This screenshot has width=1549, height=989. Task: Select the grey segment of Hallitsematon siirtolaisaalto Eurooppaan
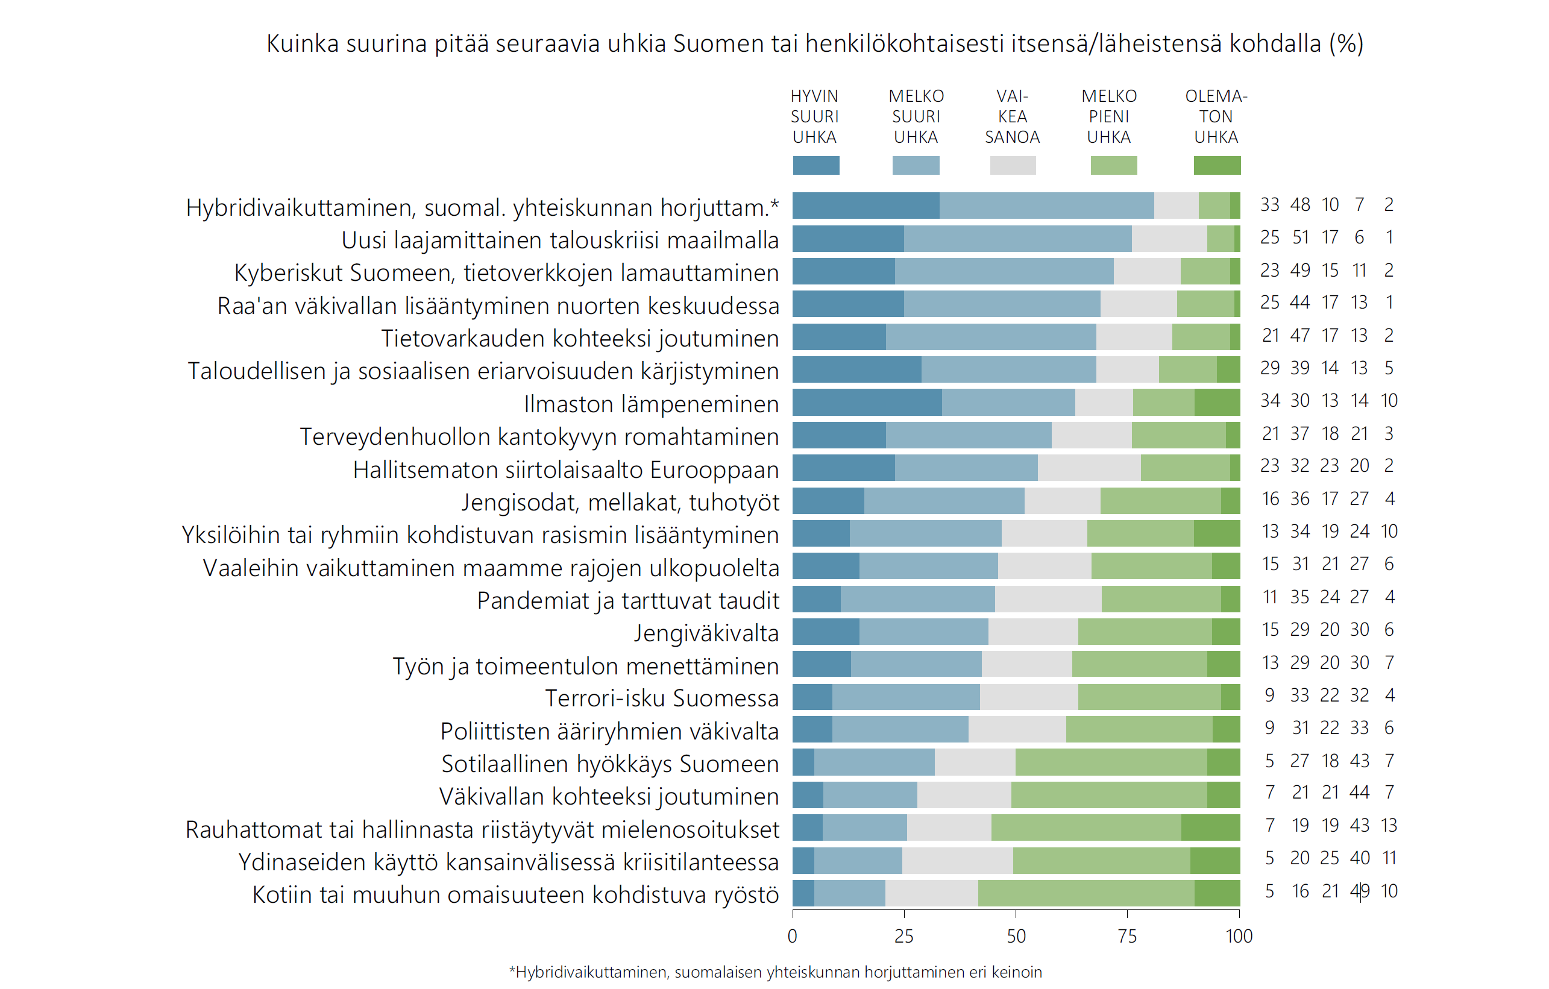[1089, 468]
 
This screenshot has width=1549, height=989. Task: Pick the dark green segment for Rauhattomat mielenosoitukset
[1210, 827]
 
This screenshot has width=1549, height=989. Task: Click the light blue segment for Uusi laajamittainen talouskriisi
[1017, 239]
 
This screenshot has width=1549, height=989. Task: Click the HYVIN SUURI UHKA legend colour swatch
[815, 165]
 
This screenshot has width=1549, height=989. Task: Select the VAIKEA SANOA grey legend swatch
[1013, 165]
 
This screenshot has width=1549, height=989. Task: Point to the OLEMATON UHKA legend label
[1216, 116]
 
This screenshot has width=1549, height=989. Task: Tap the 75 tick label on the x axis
[1127, 937]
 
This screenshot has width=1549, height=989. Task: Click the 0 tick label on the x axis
[793, 937]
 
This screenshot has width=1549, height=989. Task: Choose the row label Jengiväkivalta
[706, 633]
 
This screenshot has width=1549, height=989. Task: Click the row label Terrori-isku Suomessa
[661, 699]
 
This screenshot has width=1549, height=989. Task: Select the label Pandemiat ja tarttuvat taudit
[628, 601]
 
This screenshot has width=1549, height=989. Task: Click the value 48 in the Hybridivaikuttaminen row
[1300, 205]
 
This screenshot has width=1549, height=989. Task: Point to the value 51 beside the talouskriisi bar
[1300, 238]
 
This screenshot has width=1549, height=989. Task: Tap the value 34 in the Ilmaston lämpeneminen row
[1270, 401]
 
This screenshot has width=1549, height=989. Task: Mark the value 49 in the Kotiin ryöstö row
[1359, 891]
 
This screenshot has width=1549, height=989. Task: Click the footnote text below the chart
[775, 972]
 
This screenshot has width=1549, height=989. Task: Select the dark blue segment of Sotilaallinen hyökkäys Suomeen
[803, 762]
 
